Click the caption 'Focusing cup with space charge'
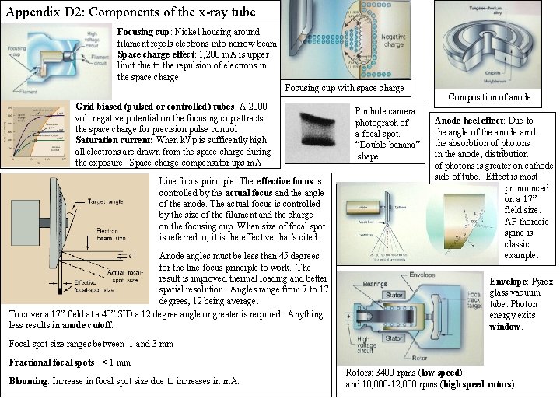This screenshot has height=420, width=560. [x=345, y=87]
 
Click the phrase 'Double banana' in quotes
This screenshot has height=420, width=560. [x=388, y=145]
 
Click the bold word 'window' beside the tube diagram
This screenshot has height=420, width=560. [x=505, y=326]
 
